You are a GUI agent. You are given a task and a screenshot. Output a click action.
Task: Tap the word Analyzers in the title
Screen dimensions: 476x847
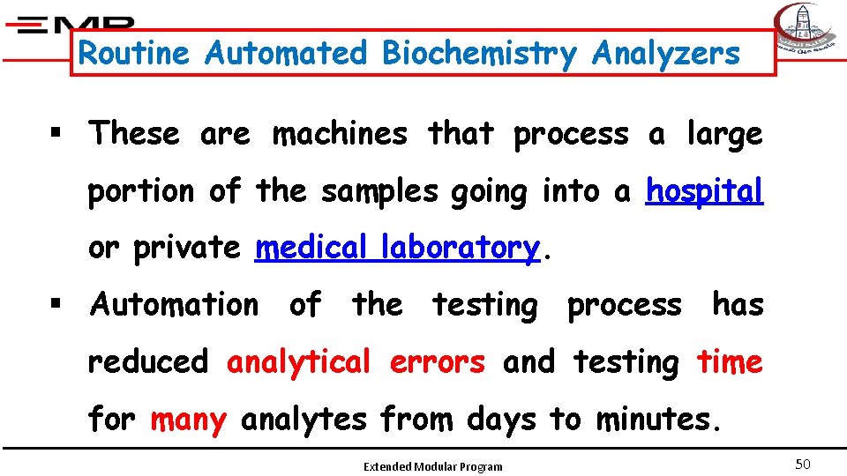coord(666,54)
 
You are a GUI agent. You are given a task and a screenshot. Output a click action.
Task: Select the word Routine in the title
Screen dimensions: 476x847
coord(134,54)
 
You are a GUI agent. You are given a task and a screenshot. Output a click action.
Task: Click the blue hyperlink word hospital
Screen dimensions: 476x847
coord(704,190)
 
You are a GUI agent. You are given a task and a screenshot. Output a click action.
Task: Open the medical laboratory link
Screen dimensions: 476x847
coord(396,248)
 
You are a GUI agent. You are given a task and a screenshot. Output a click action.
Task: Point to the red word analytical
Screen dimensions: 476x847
coord(299,361)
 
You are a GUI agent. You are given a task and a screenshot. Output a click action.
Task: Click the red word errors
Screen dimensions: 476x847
coord(438,361)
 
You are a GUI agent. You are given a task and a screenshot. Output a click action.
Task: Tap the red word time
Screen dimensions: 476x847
coord(730,361)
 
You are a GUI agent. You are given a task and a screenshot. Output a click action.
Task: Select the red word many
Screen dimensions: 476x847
coord(188,420)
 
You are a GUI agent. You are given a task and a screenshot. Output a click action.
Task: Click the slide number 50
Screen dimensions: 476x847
coord(802,465)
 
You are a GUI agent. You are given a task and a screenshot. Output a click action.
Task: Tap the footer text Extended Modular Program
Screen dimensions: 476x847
coord(433,466)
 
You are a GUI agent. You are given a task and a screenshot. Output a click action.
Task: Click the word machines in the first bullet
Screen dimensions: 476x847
coord(340,134)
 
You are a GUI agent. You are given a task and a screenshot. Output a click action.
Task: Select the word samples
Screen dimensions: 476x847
coord(379,190)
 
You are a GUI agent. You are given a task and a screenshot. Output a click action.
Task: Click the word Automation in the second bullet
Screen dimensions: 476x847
coord(175,305)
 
